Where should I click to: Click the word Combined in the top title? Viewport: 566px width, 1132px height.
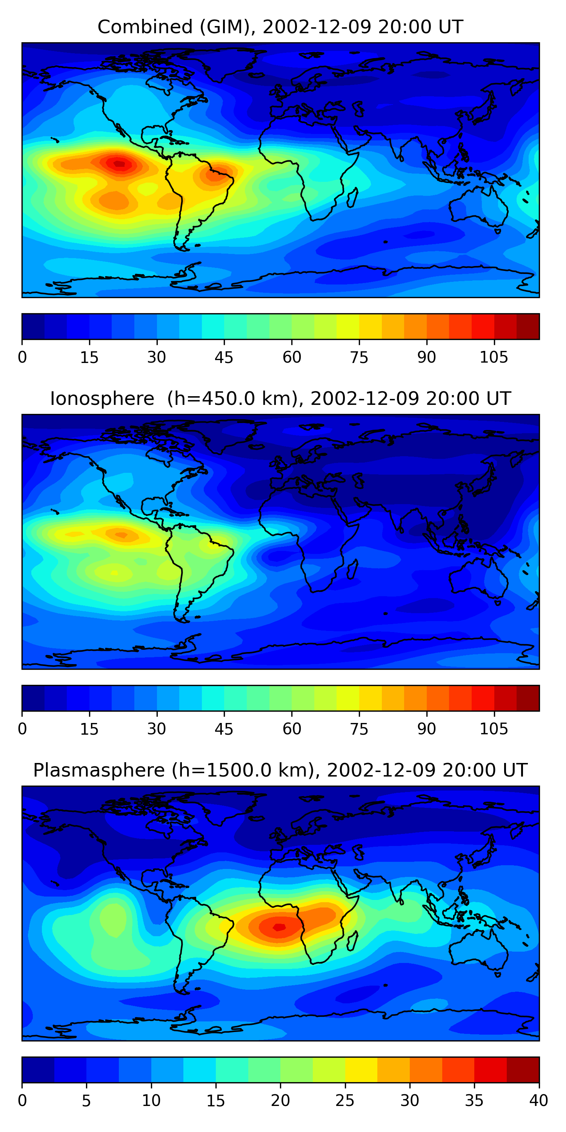(x=145, y=27)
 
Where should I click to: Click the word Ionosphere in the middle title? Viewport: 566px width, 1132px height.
(x=102, y=399)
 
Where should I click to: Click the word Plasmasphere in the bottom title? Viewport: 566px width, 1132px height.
(x=99, y=771)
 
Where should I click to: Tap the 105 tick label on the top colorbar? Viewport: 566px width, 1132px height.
(x=494, y=357)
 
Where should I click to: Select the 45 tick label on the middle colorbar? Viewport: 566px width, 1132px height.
(x=224, y=729)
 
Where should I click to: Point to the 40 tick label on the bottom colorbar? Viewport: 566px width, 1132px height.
(x=539, y=1100)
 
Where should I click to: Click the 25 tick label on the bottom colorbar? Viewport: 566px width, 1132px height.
(x=345, y=1100)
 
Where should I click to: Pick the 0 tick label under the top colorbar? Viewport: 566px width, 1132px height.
(x=22, y=357)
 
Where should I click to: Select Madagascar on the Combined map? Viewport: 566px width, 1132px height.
(x=352, y=197)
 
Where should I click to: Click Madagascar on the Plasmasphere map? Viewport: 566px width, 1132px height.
(x=352, y=940)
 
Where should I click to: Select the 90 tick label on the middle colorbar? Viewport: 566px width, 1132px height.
(x=427, y=729)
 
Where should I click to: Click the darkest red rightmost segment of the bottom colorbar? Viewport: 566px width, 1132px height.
(x=523, y=1070)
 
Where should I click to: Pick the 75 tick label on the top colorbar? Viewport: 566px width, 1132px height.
(x=359, y=357)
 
